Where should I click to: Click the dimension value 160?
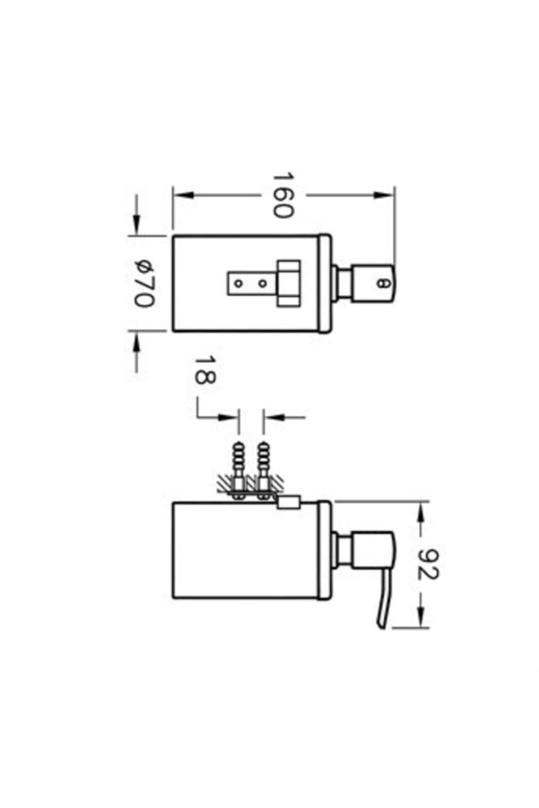tap(283, 195)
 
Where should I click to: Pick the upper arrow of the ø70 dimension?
tap(137, 223)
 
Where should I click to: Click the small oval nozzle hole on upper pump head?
tap(382, 284)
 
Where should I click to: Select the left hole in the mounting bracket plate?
tap(239, 284)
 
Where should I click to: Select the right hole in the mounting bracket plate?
tap(263, 284)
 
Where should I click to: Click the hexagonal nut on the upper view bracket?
tap(289, 284)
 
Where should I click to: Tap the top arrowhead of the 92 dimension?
tap(422, 512)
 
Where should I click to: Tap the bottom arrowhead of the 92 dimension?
tap(422, 618)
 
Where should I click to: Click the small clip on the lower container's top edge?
tap(287, 502)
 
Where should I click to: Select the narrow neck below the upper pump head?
tap(343, 284)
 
